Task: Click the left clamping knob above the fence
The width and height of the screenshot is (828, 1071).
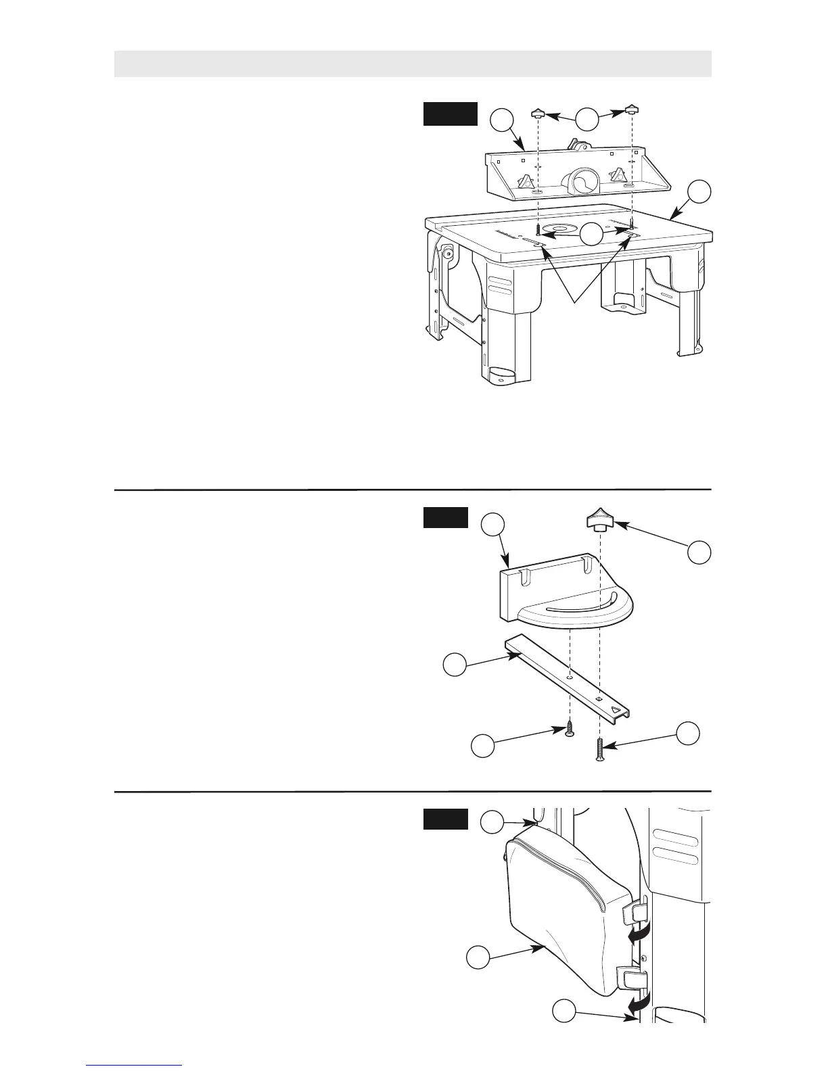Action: tap(538, 112)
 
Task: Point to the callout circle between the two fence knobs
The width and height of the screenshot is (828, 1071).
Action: tap(588, 120)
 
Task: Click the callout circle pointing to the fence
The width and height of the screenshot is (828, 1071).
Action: tap(501, 121)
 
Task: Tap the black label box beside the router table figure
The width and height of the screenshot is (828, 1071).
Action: tap(451, 114)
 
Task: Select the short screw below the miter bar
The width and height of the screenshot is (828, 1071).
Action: tap(570, 729)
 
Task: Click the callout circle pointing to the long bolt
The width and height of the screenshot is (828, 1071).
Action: tap(687, 734)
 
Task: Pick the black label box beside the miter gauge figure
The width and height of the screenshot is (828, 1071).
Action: tap(445, 517)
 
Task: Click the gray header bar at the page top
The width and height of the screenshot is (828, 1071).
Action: tap(413, 64)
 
